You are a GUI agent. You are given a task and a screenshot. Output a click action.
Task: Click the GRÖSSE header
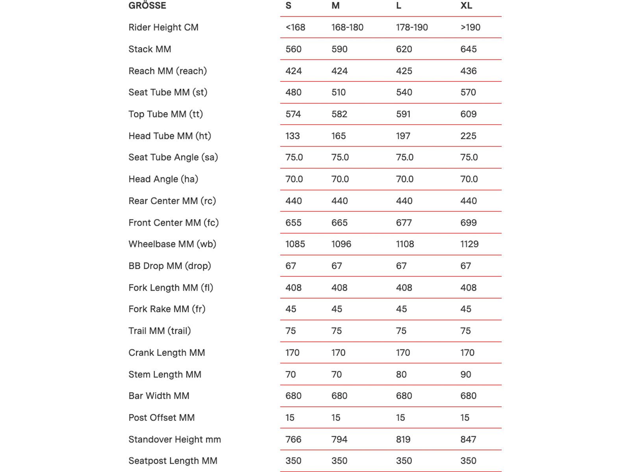[147, 6]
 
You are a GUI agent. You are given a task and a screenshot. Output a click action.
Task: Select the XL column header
[466, 6]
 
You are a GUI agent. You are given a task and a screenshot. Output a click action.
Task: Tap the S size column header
[289, 6]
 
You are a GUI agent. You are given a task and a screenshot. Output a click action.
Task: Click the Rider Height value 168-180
[347, 28]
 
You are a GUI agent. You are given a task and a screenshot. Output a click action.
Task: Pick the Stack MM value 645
[469, 49]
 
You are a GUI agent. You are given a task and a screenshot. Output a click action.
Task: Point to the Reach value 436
[469, 71]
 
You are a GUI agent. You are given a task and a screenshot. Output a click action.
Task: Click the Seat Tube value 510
[339, 92]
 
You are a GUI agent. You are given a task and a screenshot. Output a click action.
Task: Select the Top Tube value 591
[403, 114]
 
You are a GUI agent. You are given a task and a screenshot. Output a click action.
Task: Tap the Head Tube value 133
[293, 136]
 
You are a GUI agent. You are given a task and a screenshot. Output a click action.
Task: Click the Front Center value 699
[469, 223]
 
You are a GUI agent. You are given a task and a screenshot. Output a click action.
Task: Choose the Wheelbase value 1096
[341, 244]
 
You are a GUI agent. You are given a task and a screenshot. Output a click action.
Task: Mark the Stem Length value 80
[401, 374]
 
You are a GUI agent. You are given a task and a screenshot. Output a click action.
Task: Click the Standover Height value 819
[403, 439]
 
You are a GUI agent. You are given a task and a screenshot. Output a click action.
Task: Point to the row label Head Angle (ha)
[163, 179]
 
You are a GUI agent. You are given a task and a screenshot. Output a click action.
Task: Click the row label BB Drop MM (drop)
[170, 266]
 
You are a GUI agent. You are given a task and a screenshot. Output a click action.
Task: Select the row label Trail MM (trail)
[159, 331]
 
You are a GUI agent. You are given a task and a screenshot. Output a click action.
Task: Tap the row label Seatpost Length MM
[173, 461]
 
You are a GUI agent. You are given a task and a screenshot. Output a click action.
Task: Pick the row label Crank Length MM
[167, 353]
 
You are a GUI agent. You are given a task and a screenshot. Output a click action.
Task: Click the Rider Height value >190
[471, 28]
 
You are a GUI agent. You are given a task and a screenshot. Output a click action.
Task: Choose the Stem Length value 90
[466, 374]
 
